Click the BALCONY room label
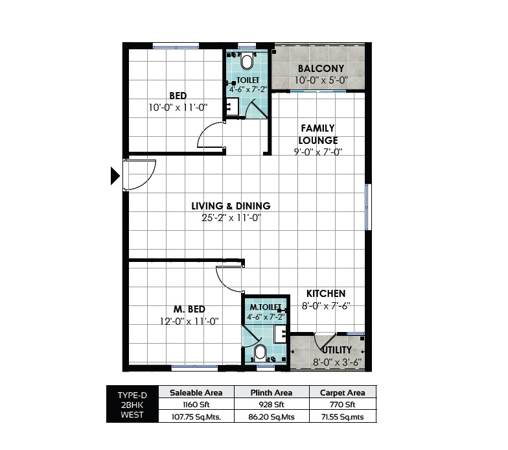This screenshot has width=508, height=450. (x=321, y=69)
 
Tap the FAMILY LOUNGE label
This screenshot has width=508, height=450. (x=317, y=134)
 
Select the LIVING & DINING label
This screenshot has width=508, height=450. (x=231, y=206)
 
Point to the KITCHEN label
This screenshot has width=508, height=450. (x=326, y=294)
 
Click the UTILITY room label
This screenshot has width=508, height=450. (x=336, y=350)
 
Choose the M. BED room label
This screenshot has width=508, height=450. (x=189, y=309)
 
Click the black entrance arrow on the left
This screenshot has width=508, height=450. (x=115, y=176)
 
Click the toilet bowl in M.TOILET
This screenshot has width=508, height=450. (x=260, y=353)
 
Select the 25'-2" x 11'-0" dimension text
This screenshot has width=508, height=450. (x=231, y=219)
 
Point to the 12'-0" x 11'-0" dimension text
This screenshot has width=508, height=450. (x=189, y=321)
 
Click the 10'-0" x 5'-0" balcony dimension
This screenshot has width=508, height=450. (x=321, y=81)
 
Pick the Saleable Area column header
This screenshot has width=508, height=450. (x=196, y=393)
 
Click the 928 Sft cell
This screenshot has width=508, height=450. (x=272, y=405)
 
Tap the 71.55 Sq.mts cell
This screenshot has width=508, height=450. (x=343, y=417)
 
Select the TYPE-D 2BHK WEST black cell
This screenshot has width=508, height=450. (x=132, y=405)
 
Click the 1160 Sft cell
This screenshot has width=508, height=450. (x=196, y=405)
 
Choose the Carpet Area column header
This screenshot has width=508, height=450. (x=343, y=393)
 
